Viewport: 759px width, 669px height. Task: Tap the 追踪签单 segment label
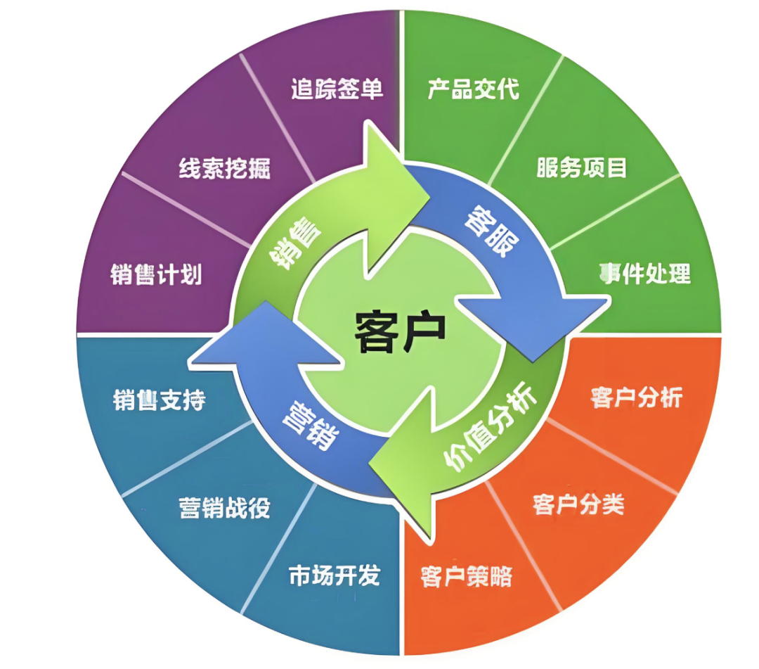pyautogui.click(x=337, y=89)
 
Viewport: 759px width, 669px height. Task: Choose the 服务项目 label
pyautogui.click(x=581, y=167)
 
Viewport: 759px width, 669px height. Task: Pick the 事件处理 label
pyautogui.click(x=645, y=273)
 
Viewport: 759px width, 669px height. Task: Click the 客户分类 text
pyautogui.click(x=578, y=504)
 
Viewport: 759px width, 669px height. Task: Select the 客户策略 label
pyautogui.click(x=467, y=576)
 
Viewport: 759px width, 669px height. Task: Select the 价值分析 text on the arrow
pyautogui.click(x=491, y=428)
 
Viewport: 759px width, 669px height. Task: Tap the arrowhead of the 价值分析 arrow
pyautogui.click(x=408, y=485)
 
